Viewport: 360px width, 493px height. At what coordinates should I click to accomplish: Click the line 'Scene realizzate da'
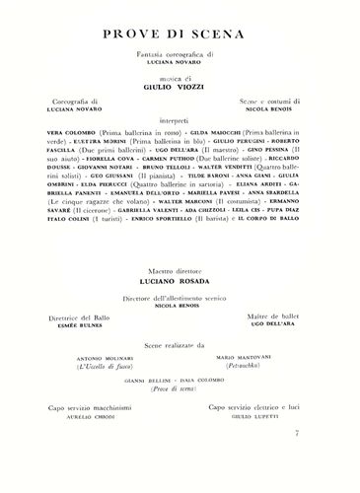[x=180, y=373]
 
